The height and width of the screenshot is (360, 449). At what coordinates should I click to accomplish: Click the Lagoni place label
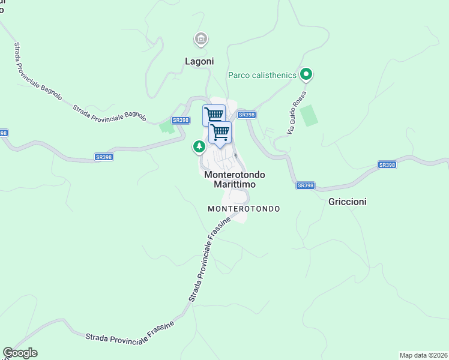point(199,61)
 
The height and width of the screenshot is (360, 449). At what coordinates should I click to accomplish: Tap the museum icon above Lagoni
point(200,40)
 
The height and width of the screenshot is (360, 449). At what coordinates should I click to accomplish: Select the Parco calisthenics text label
point(262,75)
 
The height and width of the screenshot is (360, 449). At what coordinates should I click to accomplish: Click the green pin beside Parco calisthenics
point(306,75)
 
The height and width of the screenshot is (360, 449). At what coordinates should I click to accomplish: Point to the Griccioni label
point(348,202)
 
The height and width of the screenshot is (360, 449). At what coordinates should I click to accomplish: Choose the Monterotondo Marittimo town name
point(235,180)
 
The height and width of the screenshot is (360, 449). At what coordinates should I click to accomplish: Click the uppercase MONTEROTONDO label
point(244,209)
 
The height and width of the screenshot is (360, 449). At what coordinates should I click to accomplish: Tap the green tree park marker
point(199,146)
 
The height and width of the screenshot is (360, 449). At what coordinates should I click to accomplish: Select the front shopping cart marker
point(220,132)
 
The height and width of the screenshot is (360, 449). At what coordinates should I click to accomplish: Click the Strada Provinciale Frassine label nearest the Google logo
point(130,333)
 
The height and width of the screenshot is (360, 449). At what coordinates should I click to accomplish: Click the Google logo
point(20,353)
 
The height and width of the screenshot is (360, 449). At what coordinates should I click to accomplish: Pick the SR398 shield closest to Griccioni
point(306,185)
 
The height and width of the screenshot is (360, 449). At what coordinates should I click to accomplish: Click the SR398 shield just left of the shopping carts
point(181,120)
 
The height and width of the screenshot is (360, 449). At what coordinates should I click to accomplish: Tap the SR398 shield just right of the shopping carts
point(247,114)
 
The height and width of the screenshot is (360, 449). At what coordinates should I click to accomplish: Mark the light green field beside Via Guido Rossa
point(309,115)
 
